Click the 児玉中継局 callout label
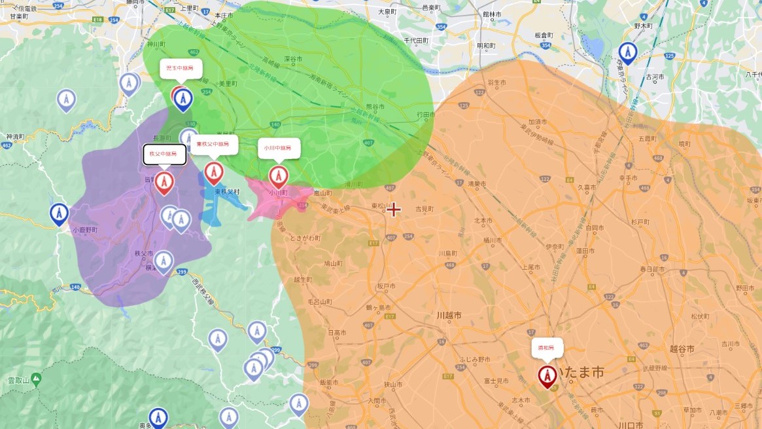(181, 68)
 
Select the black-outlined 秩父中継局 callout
(164, 154)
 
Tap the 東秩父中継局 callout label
(214, 145)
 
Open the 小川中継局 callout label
(279, 148)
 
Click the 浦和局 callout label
(547, 347)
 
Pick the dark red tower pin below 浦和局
(547, 376)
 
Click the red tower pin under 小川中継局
(279, 176)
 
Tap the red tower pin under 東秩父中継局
(214, 172)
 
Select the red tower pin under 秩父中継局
(164, 183)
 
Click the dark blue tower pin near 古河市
(628, 52)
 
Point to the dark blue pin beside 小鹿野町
(60, 214)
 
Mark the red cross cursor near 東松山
(394, 210)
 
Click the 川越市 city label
(449, 316)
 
